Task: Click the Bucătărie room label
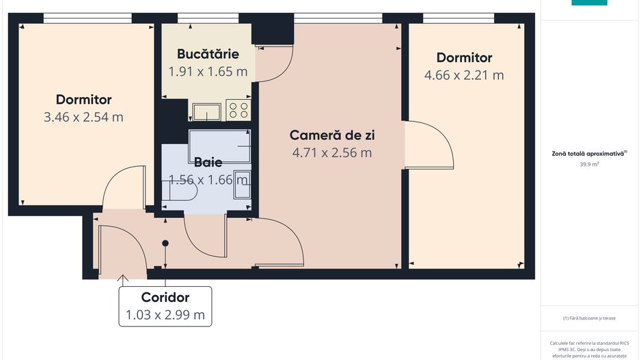point(207,53)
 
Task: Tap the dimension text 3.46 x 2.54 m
point(83,117)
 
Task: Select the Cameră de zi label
point(332,135)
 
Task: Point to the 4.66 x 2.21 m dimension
point(464,75)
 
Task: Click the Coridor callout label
point(165,297)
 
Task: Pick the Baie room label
point(208,163)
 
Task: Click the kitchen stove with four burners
point(238,109)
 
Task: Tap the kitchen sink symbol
point(206,111)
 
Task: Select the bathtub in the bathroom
point(219,146)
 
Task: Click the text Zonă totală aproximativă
point(588,154)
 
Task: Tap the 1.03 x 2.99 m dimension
point(165,315)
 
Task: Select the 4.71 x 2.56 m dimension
point(332,152)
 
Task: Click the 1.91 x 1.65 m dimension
point(208,70)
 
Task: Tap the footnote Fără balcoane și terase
point(589,318)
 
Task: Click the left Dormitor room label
point(83,100)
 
